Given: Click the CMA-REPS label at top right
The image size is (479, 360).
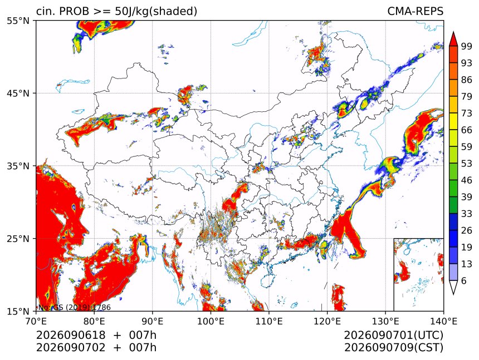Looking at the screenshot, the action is (415, 11).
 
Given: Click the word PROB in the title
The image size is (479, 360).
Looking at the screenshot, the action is (75, 11).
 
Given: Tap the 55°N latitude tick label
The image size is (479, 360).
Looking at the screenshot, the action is (18, 21).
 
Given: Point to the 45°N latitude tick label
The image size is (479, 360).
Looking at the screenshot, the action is (18, 93).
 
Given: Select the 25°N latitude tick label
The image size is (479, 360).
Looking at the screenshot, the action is (18, 239).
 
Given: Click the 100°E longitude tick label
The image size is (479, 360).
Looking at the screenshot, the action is (211, 321).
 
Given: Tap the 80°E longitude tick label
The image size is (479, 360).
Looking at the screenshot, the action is (94, 321).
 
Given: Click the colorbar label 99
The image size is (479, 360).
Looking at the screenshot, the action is (467, 47).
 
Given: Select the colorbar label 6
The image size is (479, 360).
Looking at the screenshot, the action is (464, 280).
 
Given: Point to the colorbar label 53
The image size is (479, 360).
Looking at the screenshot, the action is (467, 164).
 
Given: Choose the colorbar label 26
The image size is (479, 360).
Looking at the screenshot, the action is (467, 230).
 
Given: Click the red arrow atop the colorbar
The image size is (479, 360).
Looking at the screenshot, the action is (453, 39).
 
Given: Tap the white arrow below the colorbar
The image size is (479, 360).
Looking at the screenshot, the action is (453, 288).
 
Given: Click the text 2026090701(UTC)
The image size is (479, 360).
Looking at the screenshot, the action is (393, 336).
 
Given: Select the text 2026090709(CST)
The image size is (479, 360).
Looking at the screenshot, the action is (393, 348).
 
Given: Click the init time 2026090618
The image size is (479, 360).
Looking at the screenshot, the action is (71, 336).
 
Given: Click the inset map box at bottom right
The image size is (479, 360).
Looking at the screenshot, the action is (418, 274).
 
